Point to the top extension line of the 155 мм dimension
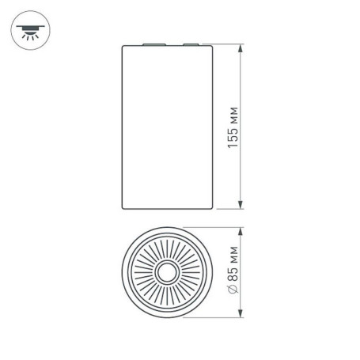pos(225,43)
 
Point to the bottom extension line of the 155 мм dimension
pos(225,210)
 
